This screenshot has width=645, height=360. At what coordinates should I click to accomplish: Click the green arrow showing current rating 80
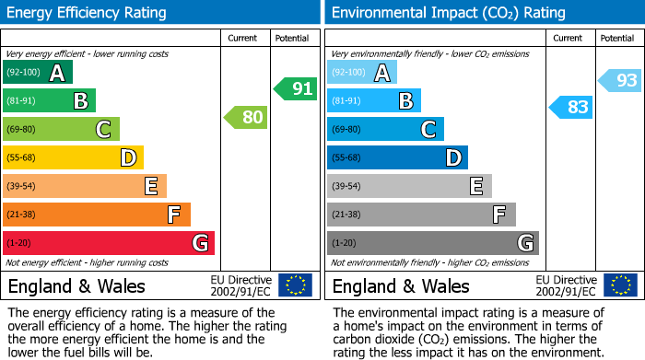click(245, 117)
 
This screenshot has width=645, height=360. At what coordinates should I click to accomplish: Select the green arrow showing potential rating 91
click(295, 88)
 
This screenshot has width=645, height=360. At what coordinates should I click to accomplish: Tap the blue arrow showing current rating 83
click(569, 107)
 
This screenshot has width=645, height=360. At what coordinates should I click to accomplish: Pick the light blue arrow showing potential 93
click(619, 80)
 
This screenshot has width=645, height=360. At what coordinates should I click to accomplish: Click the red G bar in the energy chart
click(109, 243)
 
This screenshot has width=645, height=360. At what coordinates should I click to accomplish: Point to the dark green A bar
click(38, 72)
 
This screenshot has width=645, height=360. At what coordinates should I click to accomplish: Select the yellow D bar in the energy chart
click(73, 157)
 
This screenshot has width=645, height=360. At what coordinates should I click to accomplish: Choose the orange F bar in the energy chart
click(97, 215)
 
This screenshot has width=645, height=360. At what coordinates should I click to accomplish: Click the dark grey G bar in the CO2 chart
click(432, 243)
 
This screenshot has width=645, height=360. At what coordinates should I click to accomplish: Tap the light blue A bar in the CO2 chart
click(362, 72)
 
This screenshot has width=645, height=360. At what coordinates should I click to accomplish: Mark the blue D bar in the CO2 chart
click(397, 157)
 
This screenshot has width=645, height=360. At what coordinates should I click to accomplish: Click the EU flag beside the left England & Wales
click(295, 285)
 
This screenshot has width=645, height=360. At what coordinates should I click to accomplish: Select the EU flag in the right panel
click(619, 285)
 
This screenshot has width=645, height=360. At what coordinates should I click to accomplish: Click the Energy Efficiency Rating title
click(88, 13)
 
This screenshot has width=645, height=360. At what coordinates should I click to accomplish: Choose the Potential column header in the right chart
click(617, 38)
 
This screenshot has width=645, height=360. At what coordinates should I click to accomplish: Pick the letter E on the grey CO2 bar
click(475, 186)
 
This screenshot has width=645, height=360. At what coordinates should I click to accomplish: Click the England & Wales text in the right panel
click(401, 285)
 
